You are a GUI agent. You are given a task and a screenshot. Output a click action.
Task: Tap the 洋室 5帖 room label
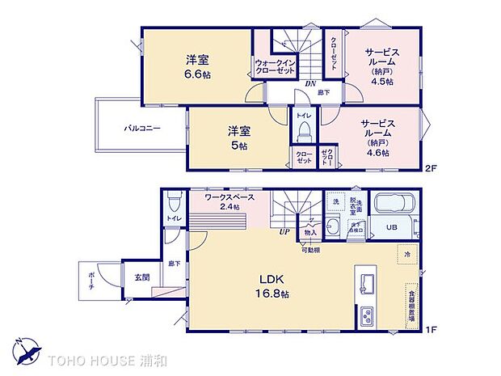237,137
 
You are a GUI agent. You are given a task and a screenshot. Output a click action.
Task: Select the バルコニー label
142,128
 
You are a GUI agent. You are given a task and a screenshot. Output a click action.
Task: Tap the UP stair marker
284,231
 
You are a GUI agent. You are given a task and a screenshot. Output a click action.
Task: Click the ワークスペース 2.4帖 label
229,201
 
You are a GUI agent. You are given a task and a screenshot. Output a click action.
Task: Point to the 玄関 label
141,277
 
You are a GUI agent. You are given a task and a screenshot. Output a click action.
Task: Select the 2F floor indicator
432,167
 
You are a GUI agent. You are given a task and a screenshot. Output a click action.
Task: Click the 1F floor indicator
432,330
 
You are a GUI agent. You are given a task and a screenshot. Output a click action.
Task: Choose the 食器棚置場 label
412,306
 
